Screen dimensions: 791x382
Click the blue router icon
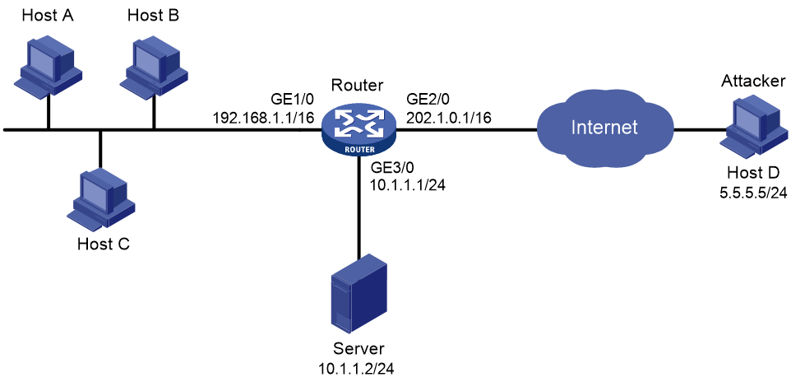[359, 130]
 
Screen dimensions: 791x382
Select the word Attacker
[752, 81]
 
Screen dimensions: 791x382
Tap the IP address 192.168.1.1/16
[263, 118]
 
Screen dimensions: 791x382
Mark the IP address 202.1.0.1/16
[449, 118]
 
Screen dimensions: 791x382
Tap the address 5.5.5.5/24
[752, 191]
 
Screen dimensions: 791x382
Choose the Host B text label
[153, 16]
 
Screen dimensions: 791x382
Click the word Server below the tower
[358, 350]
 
